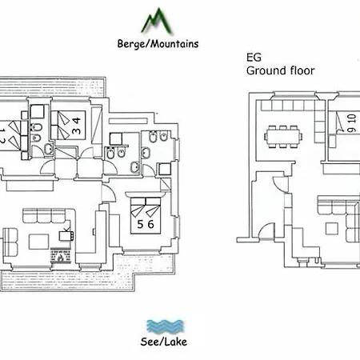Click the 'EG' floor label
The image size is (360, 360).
[254, 58]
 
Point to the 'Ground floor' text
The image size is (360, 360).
[279, 70]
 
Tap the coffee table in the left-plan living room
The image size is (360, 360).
[42, 240]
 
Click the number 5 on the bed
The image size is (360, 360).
[140, 224]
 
